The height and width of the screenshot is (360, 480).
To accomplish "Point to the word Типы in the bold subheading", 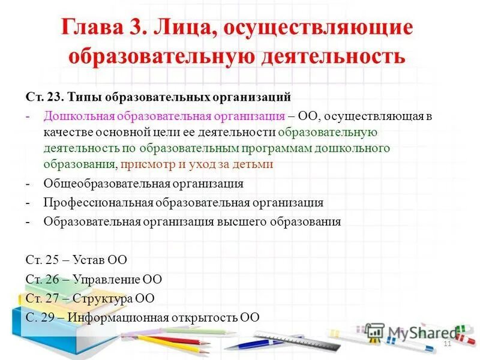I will (82, 96).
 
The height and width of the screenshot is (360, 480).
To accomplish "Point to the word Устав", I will (89, 260).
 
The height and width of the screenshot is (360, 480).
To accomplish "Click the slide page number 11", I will (446, 343).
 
